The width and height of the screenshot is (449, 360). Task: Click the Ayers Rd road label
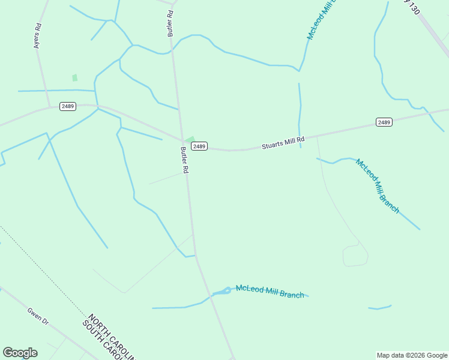(x=38, y=35)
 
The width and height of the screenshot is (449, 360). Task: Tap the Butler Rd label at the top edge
(x=171, y=24)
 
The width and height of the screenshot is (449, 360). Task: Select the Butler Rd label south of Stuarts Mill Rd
(x=184, y=161)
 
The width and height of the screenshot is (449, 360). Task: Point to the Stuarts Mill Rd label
(x=283, y=143)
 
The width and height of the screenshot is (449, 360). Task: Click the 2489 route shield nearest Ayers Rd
(x=68, y=106)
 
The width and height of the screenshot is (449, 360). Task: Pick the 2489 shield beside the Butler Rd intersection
(x=199, y=146)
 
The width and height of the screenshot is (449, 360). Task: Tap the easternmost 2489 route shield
(x=384, y=122)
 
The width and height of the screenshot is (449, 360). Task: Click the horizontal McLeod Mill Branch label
(x=270, y=291)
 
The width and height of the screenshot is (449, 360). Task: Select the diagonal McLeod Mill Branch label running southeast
(x=377, y=185)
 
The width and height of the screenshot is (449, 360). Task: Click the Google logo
(x=20, y=353)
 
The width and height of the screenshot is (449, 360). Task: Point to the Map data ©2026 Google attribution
(x=412, y=355)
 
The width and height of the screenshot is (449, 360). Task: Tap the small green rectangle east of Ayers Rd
(x=74, y=77)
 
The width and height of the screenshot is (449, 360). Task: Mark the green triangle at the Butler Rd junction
(x=189, y=140)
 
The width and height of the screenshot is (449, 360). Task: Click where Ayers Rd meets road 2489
(x=49, y=109)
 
